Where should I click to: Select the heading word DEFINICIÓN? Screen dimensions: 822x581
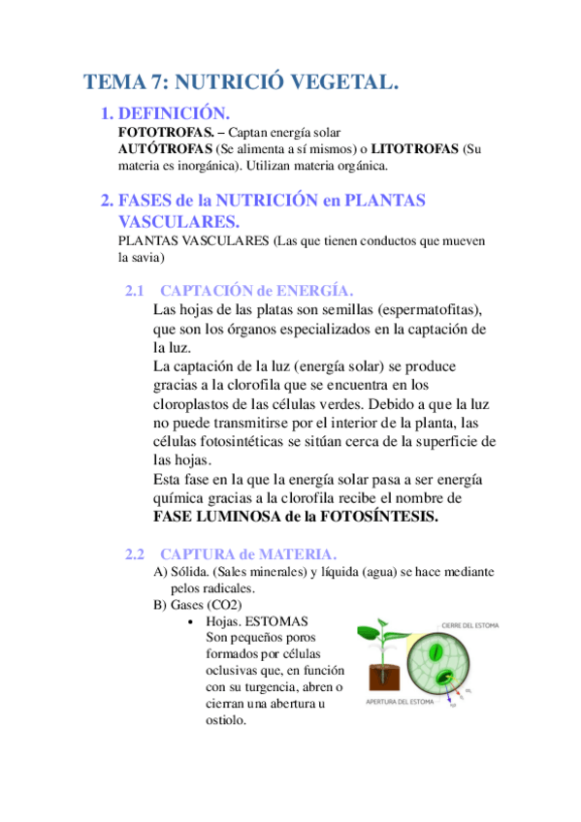(x=174, y=113)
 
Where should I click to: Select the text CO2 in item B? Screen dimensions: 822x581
(x=220, y=605)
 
